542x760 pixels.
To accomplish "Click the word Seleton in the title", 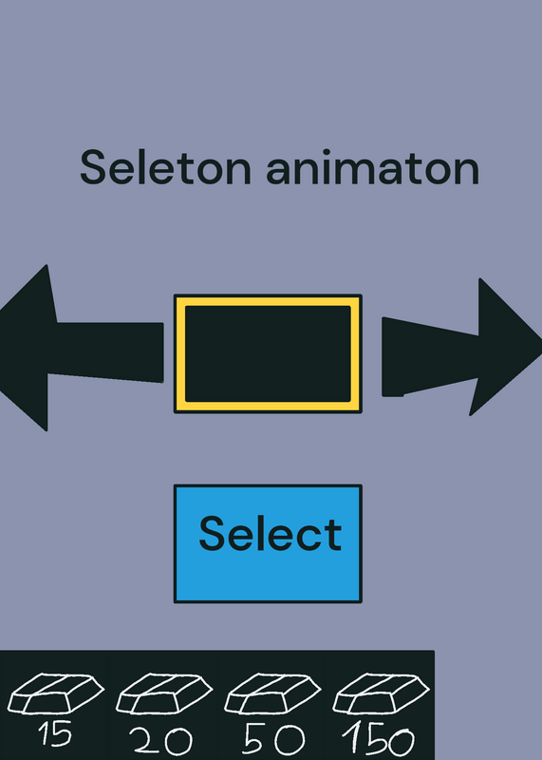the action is [x=166, y=167].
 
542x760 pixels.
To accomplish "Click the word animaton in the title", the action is [x=373, y=167].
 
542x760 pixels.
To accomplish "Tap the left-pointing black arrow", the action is [x=82, y=348].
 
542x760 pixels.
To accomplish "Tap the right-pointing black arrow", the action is [x=461, y=347].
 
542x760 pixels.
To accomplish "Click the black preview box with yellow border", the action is [x=268, y=353].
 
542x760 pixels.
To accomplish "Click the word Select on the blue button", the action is [x=271, y=534].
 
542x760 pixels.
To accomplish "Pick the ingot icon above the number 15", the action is [x=55, y=693].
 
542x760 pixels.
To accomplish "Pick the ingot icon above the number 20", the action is [x=163, y=693].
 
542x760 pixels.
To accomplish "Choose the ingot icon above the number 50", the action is [x=272, y=693].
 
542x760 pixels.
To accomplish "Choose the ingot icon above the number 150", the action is [x=381, y=693].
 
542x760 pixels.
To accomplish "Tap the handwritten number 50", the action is [x=273, y=740].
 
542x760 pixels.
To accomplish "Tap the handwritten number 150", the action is [x=379, y=739].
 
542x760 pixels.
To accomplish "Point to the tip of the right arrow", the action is [x=540, y=341].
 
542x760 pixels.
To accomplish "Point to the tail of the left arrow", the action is [x=161, y=352].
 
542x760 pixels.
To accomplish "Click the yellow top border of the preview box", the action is [x=268, y=301].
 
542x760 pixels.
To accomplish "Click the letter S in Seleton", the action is [x=92, y=167].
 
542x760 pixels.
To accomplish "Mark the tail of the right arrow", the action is [x=383, y=357].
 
